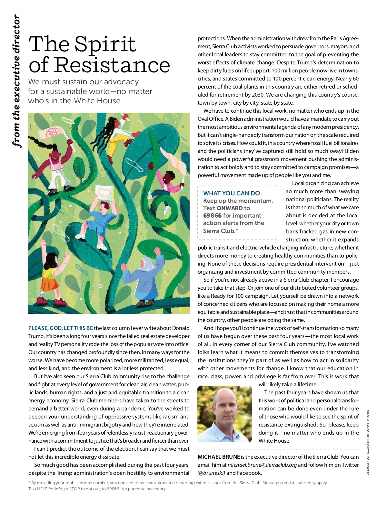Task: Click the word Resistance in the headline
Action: click(x=112, y=65)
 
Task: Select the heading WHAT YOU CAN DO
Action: click(x=231, y=193)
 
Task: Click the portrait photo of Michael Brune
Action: click(x=224, y=414)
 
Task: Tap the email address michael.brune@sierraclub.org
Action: click(x=262, y=465)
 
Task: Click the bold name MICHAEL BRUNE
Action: click(x=219, y=457)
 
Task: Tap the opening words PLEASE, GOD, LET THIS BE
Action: click(x=61, y=328)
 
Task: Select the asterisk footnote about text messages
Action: click(x=177, y=485)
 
